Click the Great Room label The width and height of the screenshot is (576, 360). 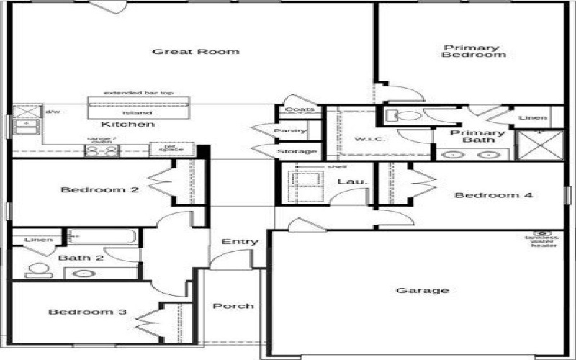pyautogui.click(x=196, y=51)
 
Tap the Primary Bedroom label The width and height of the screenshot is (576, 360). pyautogui.click(x=471, y=52)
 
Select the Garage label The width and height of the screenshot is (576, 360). pyautogui.click(x=423, y=291)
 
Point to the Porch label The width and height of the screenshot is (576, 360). pyautogui.click(x=233, y=306)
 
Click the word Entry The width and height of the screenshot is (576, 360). pyautogui.click(x=239, y=242)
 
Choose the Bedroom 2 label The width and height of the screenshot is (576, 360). pyautogui.click(x=89, y=190)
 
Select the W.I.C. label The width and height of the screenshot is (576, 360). pyautogui.click(x=369, y=138)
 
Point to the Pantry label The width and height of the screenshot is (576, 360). pyautogui.click(x=290, y=130)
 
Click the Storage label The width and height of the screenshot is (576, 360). pyautogui.click(x=296, y=152)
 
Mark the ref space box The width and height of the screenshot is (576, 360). pyautogui.click(x=166, y=148)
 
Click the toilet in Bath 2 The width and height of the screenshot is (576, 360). pyautogui.click(x=35, y=271)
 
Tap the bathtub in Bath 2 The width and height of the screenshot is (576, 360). pyautogui.click(x=102, y=236)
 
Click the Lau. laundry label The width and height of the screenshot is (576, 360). pyautogui.click(x=358, y=182)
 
